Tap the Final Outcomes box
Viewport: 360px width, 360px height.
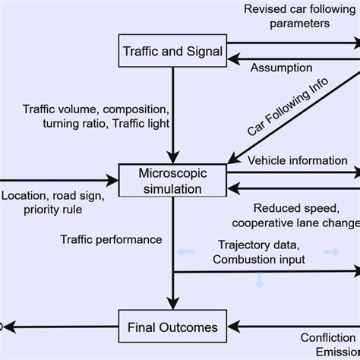tap(174, 328)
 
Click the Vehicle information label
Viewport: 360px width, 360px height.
tap(298, 160)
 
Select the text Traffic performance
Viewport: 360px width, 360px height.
tap(111, 239)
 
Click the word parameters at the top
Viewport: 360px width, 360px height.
tap(292, 23)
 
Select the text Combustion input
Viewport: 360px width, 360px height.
tap(259, 261)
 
